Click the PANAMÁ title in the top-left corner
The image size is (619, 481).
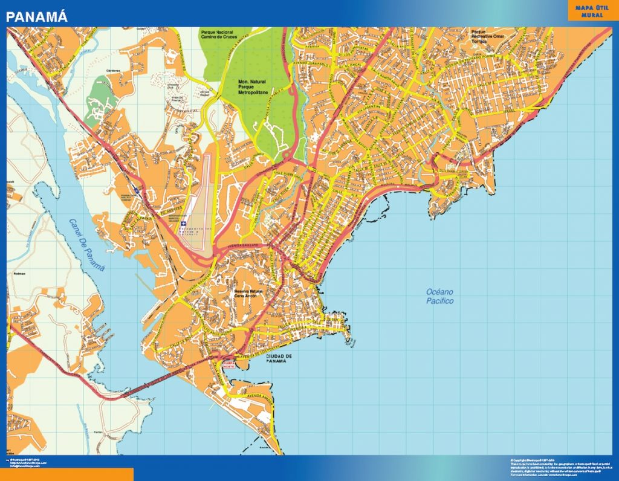point(37,16)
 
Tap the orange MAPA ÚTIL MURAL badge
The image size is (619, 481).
point(592,11)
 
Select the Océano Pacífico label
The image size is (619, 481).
point(439,296)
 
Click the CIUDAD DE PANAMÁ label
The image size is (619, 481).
point(279,358)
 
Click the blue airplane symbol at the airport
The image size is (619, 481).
point(184,224)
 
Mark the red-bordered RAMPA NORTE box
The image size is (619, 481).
point(229,364)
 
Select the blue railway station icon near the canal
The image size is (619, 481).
point(137,191)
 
